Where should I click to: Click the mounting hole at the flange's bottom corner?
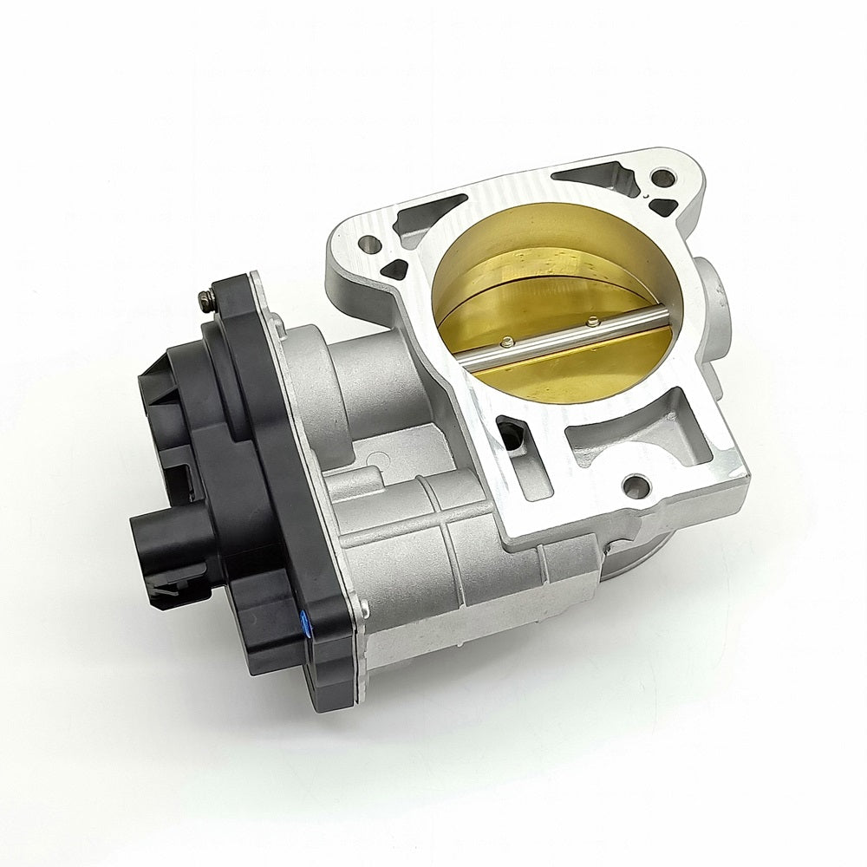(640, 480)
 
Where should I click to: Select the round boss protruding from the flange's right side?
(715, 295)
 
